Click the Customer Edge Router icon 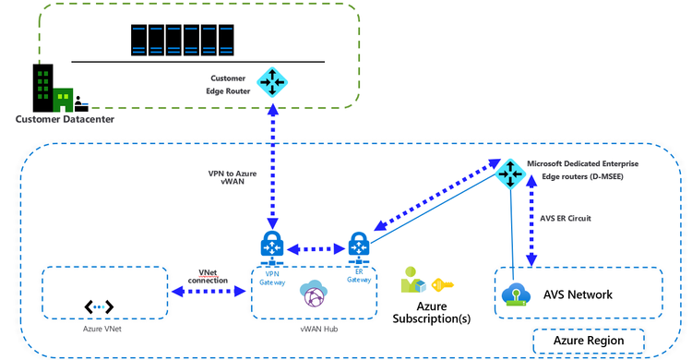272,82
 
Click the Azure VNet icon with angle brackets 99,306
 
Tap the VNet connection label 208,276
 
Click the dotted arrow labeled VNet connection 208,293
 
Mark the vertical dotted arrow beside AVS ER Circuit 531,222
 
